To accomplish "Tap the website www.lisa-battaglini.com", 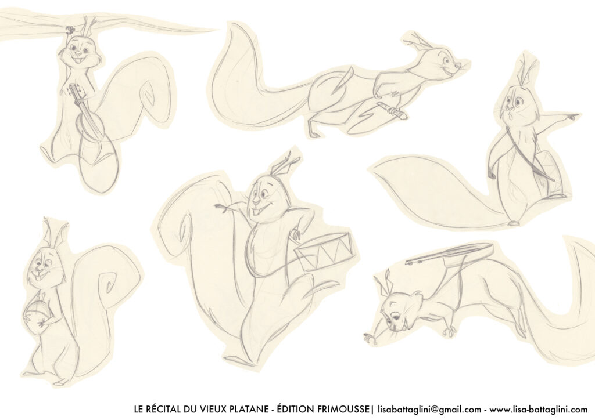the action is coord(539,410).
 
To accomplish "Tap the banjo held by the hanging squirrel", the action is coord(87,114).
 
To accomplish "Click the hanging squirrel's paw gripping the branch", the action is coord(70,29).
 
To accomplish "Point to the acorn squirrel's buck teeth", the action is coord(39,278).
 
